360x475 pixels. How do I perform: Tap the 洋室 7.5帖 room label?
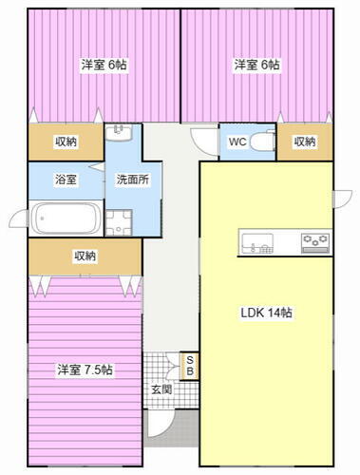point(85,370)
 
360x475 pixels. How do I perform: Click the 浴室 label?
point(66,178)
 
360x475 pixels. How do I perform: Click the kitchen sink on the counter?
point(258,243)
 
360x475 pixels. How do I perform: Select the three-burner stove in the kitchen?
point(314,243)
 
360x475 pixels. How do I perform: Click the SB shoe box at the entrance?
point(190,365)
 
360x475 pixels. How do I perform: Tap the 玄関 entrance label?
point(161,389)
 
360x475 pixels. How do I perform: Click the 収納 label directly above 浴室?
point(66,142)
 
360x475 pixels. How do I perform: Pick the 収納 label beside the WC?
point(304,142)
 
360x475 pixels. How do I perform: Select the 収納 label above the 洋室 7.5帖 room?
point(85,256)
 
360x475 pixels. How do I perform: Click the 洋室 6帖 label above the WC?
point(257,66)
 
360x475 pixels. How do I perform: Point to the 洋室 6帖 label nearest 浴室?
point(104,66)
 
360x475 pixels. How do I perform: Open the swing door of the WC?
point(202,139)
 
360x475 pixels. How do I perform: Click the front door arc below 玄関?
point(161,422)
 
